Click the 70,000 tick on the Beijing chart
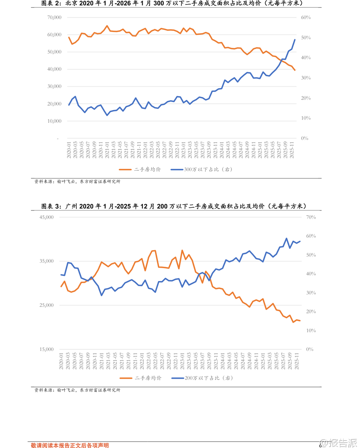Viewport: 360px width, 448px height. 54,17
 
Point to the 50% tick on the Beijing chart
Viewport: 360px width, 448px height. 306,38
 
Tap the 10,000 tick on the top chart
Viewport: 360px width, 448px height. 54,121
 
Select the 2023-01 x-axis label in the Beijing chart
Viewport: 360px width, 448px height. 184,150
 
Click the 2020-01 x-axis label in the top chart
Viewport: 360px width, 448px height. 69,150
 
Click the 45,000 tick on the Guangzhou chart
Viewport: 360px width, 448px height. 46,217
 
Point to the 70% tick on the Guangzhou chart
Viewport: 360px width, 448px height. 311,217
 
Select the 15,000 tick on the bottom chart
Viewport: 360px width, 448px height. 46,349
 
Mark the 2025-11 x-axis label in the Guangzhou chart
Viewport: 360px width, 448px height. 297,361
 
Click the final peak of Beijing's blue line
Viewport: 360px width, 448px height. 295,40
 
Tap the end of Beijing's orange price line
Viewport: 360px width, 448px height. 295,70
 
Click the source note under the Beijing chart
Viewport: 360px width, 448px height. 77,182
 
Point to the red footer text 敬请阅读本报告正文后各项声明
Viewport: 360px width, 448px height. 70,445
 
